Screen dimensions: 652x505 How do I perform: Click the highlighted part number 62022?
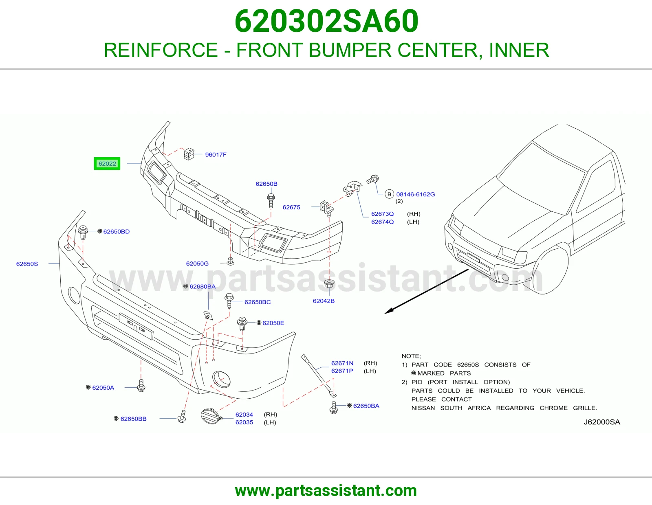[107, 163]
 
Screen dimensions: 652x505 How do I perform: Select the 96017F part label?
[216, 155]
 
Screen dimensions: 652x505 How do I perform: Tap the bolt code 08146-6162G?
[415, 194]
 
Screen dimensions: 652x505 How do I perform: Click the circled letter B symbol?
[389, 194]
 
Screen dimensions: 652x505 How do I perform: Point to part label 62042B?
[324, 301]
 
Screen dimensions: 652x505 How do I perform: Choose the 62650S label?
[27, 264]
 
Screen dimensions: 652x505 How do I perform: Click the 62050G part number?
[197, 263]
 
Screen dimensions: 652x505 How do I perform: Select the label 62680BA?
[203, 286]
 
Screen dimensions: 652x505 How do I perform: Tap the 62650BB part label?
[134, 419]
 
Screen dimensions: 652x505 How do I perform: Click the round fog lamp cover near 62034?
[211, 416]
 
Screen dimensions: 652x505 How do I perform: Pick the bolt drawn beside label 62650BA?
[333, 408]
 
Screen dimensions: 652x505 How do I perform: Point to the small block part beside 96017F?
[189, 154]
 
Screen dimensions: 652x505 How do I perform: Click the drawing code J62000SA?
[601, 422]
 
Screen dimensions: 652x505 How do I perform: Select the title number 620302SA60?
[326, 21]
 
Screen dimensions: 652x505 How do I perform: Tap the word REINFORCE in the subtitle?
[161, 50]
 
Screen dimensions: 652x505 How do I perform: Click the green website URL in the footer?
[326, 491]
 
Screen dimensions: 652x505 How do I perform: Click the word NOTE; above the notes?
[411, 356]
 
